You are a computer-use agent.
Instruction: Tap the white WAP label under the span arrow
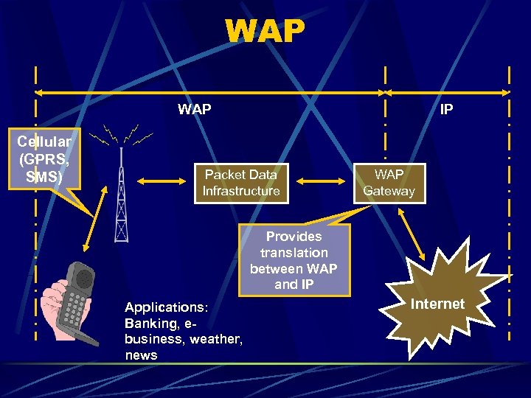pos(195,110)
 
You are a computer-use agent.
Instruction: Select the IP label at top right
pos(447,110)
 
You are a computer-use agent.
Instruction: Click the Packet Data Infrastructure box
pos(241,183)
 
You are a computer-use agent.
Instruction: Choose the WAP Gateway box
pos(389,183)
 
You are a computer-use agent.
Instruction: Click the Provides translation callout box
pos(294,260)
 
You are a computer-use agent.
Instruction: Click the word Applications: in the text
pos(167,307)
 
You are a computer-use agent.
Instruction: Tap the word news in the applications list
pos(142,355)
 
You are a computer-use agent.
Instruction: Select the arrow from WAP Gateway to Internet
pos(412,234)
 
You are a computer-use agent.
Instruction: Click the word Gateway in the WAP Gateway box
pos(389,192)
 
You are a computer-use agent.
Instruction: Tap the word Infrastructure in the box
pos(241,192)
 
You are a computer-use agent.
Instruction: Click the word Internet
pos(437,304)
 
